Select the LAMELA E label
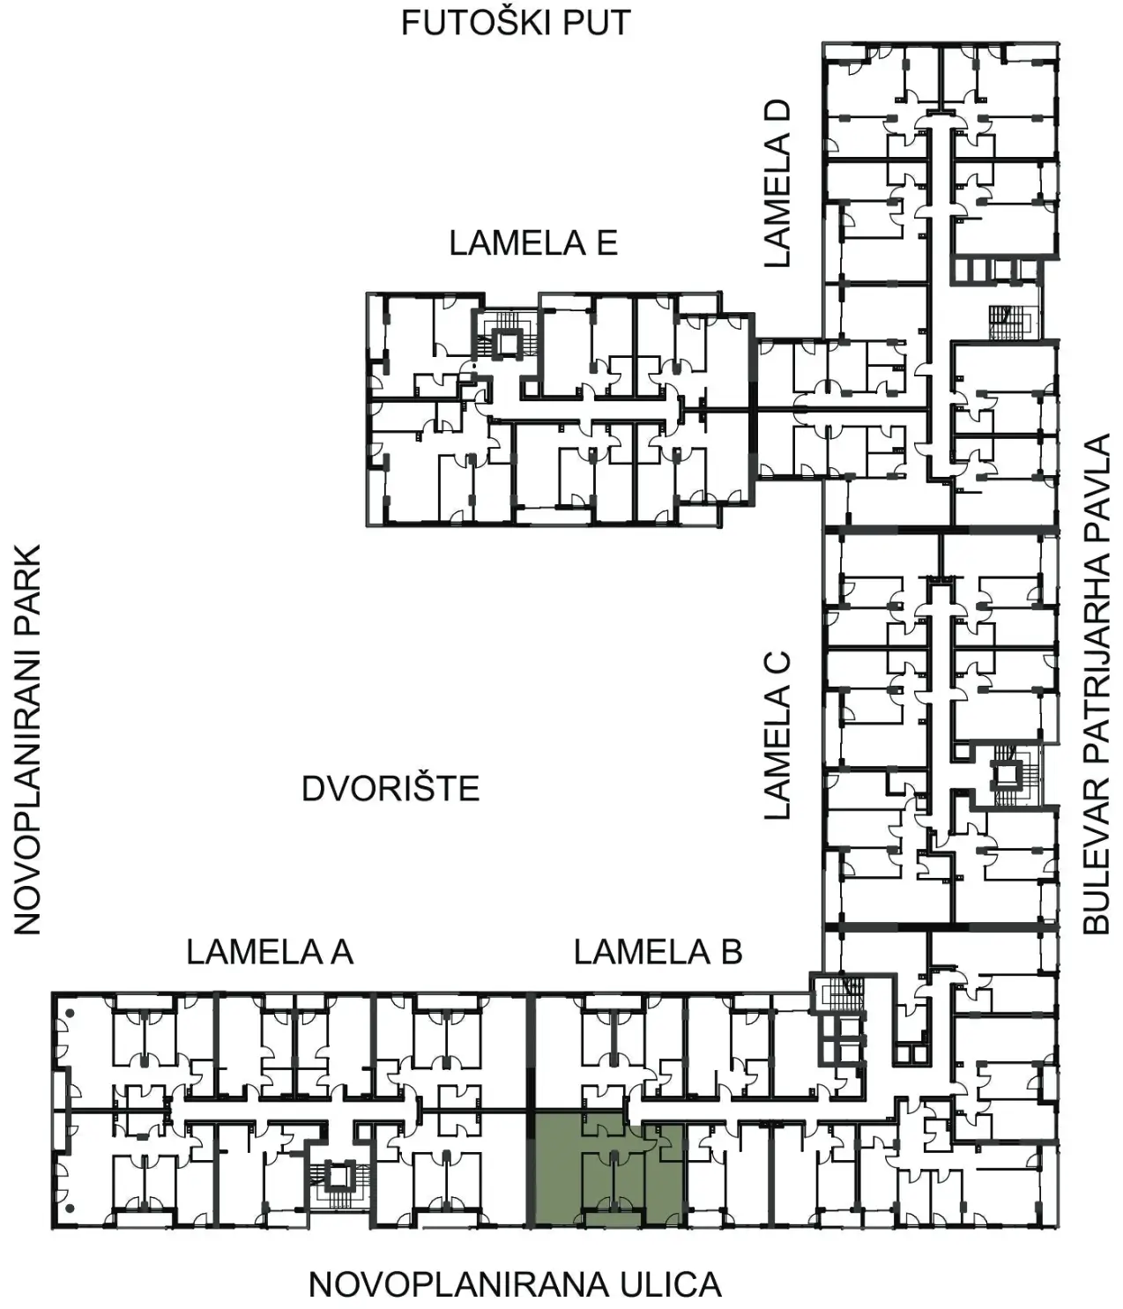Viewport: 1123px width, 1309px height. (x=533, y=243)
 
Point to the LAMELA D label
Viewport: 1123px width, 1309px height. (x=777, y=183)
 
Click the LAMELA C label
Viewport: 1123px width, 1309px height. (x=777, y=735)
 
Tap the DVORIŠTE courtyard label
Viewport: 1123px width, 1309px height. (x=390, y=789)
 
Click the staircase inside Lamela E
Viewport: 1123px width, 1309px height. (x=508, y=335)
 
